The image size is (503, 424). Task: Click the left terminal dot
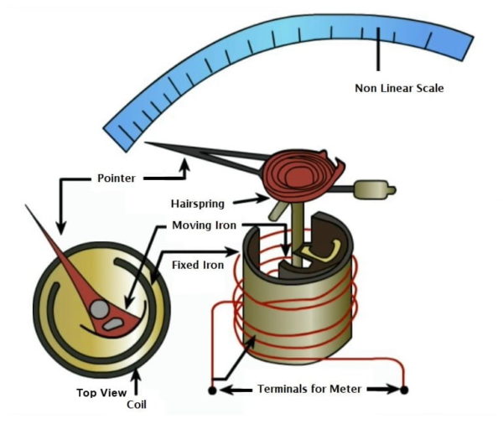click(x=211, y=390)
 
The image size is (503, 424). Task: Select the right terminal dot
click(x=404, y=390)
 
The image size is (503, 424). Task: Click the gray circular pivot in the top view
click(x=99, y=309)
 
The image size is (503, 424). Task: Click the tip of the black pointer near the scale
click(x=147, y=144)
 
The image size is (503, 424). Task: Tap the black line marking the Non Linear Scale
click(x=379, y=50)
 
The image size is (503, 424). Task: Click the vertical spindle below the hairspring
click(x=297, y=226)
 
